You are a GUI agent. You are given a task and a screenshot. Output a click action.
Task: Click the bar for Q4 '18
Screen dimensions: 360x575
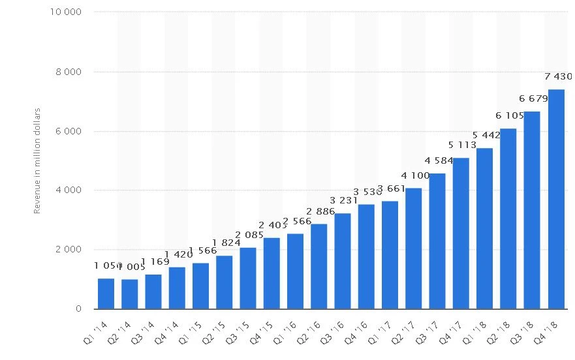(556, 199)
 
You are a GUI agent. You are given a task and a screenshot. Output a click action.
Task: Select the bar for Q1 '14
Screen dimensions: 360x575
(106, 293)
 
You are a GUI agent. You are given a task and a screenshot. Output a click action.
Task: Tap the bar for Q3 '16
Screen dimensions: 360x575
(343, 261)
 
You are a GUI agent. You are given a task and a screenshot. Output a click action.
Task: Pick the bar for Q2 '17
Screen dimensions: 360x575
(413, 248)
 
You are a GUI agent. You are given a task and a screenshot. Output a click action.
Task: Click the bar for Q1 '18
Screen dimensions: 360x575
(484, 228)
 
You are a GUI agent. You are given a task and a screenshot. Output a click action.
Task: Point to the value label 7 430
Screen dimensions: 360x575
(559, 76)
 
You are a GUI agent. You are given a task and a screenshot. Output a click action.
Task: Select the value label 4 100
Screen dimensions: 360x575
(415, 175)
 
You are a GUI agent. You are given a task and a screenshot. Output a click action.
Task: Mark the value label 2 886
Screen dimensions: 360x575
(320, 211)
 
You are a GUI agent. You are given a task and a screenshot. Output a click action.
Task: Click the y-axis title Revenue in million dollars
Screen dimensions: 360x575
(37, 160)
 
